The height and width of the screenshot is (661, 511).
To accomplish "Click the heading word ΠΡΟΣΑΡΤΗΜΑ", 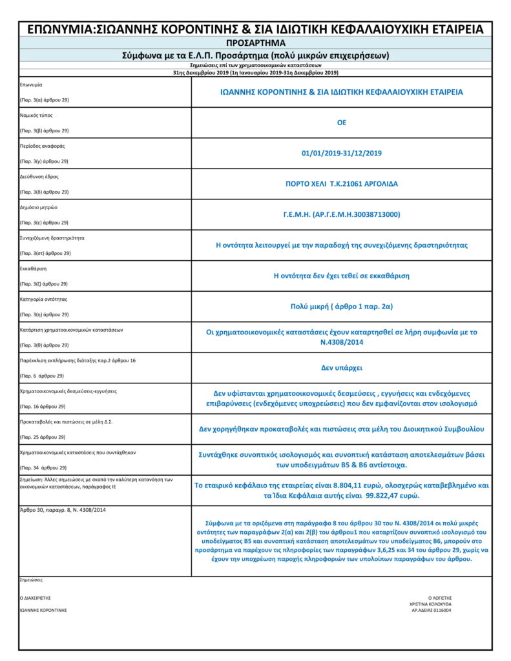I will (x=256, y=43).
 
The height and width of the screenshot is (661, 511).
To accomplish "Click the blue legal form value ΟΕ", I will (x=342, y=123).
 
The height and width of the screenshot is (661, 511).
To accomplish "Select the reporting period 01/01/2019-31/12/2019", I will (x=342, y=153).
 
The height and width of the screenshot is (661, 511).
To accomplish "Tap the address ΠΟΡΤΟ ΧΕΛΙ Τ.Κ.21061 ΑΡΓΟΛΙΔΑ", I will (x=342, y=184).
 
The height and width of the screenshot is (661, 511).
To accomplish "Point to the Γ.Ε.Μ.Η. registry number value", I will (x=342, y=214).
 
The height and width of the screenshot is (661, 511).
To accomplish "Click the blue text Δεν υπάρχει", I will (x=342, y=368).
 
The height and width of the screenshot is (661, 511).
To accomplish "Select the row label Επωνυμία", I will (x=32, y=85).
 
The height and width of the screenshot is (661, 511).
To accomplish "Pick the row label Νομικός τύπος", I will (x=37, y=116).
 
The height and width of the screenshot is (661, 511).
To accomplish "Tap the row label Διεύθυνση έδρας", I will (x=39, y=176).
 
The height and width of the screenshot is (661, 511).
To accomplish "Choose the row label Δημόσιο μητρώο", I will (x=39, y=207).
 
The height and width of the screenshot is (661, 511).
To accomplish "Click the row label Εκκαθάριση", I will (x=34, y=269).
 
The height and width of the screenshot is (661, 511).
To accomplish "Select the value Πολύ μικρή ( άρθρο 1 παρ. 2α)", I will (x=342, y=307).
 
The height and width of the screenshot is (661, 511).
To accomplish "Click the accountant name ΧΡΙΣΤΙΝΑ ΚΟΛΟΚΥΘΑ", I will (x=430, y=604).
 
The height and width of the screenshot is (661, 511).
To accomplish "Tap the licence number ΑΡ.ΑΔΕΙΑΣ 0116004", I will (x=430, y=610).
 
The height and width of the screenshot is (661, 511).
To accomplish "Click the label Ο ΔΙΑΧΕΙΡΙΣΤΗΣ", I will (x=36, y=598).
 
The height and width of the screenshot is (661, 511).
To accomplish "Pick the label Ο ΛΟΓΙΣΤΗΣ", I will (x=439, y=598).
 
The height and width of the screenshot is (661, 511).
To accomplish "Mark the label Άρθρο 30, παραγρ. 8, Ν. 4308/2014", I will (x=63, y=510).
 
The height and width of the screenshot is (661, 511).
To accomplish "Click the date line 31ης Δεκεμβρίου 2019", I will (x=256, y=73).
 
